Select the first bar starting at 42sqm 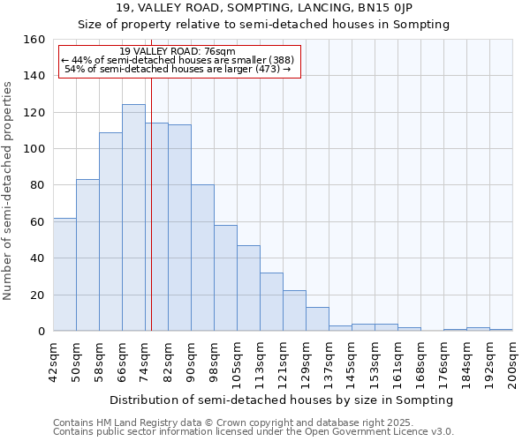click(x=64, y=274)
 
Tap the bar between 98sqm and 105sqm click(x=225, y=278)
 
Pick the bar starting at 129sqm click(x=317, y=318)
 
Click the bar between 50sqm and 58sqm click(x=87, y=255)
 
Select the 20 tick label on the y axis click(x=40, y=295)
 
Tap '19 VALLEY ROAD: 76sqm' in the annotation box click(x=177, y=52)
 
